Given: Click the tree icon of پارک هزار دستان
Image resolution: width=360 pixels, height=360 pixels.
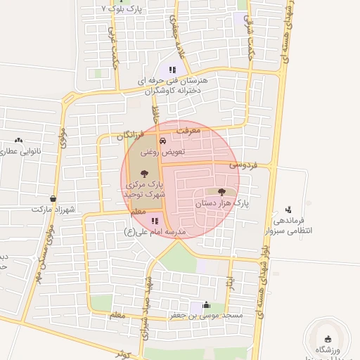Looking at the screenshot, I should pos(222,191).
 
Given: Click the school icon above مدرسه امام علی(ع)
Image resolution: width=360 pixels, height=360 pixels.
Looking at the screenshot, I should pos(155,221).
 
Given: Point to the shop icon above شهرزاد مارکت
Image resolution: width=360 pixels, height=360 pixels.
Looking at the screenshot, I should pos(53,199).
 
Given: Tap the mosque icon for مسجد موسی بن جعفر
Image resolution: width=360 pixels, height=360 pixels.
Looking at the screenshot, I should pos(205,305).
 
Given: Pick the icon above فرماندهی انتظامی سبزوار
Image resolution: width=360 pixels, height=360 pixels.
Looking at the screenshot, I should pos(288,209).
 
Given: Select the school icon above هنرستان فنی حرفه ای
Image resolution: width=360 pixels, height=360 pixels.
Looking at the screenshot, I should pos(172,70).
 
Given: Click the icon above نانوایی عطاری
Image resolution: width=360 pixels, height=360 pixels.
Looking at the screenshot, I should pos(18,140).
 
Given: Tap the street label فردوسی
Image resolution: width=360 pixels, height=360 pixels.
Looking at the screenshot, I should pos(243,164).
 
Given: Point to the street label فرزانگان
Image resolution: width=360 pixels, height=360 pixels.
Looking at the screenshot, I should pos(131,134).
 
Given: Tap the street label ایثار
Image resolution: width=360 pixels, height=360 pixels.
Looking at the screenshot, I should pos(230,280).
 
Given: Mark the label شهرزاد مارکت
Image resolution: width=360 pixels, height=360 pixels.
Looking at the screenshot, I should pos(53,210).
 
